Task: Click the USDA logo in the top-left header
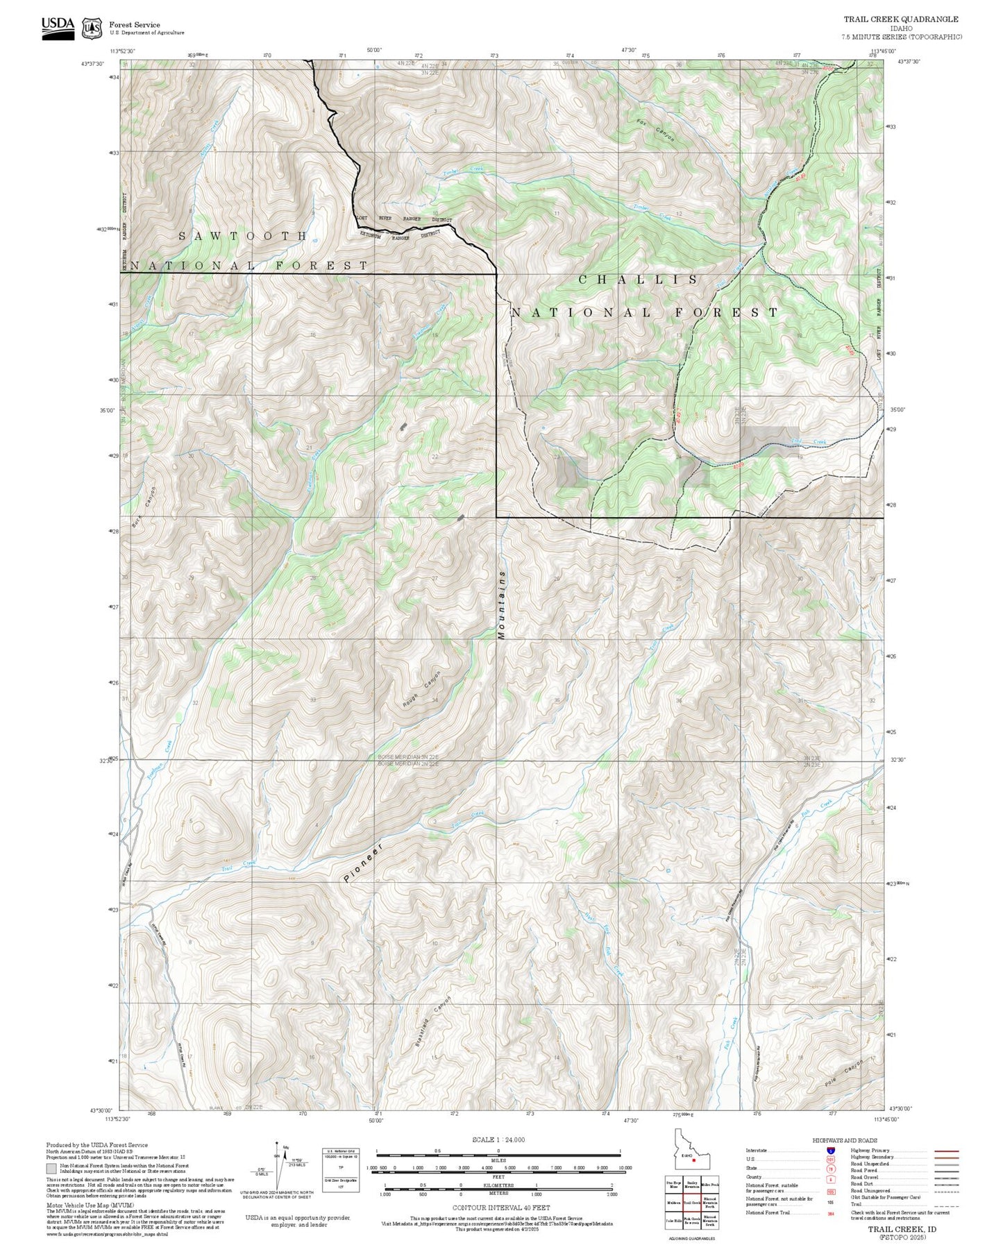click(x=58, y=27)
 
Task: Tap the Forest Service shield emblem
click(x=92, y=28)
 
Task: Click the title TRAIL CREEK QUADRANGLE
click(x=901, y=19)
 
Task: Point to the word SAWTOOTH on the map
click(x=243, y=236)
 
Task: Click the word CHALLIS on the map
click(x=639, y=279)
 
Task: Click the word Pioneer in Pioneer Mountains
click(x=363, y=864)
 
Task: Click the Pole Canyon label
click(x=844, y=1074)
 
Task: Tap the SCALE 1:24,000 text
click(x=498, y=1140)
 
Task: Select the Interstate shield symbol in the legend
click(x=831, y=1151)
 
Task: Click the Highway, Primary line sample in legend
click(x=947, y=1151)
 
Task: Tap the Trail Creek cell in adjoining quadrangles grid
click(x=691, y=1203)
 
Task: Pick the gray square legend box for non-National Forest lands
click(x=51, y=1169)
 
